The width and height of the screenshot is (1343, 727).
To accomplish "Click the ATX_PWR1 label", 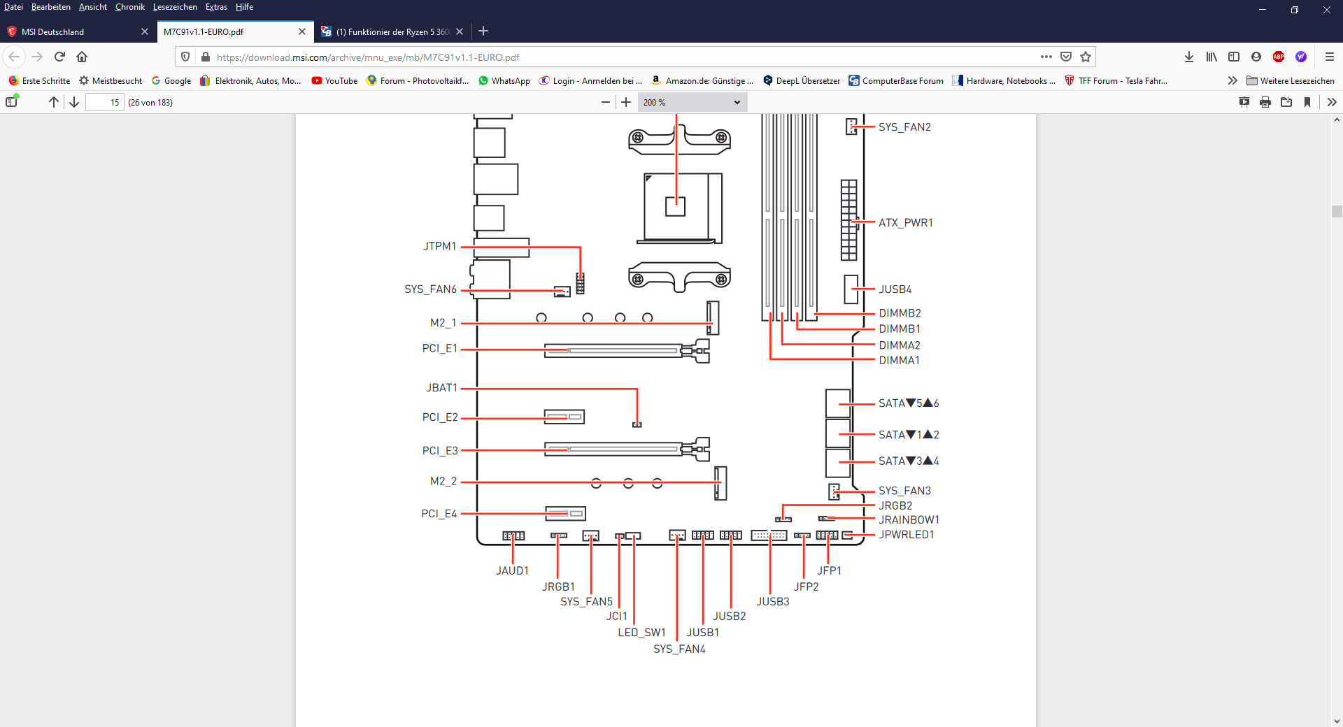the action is click(906, 223).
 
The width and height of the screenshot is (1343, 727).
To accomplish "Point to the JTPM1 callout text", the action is click(440, 246).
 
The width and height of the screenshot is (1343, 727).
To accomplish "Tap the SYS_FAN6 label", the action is click(430, 289).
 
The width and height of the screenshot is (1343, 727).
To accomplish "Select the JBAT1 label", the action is click(441, 388).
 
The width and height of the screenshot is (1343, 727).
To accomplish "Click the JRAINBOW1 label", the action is click(909, 520).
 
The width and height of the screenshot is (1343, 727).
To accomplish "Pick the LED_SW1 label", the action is click(641, 633).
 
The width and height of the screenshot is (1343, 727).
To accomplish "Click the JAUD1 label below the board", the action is click(513, 571).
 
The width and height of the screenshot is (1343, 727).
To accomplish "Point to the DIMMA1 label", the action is click(900, 361).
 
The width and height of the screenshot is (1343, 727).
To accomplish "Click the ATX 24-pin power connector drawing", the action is click(849, 219).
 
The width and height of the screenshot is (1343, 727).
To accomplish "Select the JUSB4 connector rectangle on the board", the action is click(851, 289).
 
